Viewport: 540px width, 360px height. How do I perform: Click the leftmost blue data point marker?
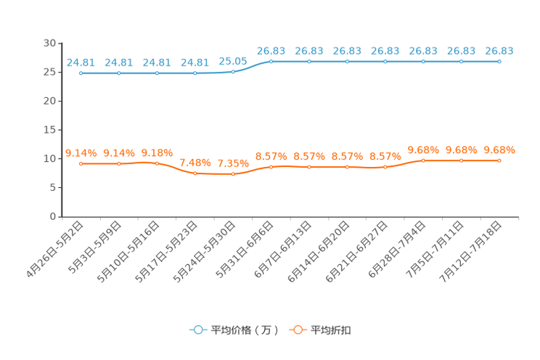click(81, 73)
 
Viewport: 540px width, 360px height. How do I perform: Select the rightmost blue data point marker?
click(499, 62)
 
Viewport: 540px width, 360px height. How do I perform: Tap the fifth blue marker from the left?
click(233, 71)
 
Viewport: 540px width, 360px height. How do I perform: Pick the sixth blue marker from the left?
click(271, 62)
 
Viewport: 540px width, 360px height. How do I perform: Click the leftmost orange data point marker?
click(81, 164)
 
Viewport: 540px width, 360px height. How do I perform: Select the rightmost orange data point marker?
click(499, 160)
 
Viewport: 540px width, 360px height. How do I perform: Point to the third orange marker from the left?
click(157, 163)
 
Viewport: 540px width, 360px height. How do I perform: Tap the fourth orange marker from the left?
click(195, 173)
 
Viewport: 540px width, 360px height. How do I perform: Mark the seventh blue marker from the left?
click(309, 62)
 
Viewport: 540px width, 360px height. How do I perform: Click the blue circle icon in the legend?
click(197, 330)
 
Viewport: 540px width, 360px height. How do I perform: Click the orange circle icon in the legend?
click(297, 330)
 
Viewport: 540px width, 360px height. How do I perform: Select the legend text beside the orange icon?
click(331, 330)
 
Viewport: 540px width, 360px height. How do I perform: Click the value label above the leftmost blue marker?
click(81, 62)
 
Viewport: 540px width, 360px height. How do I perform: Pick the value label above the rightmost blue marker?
click(499, 51)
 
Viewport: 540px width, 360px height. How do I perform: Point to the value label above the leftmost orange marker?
click(81, 153)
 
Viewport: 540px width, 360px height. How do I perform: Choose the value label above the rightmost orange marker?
click(499, 150)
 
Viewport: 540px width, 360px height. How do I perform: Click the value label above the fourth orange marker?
click(195, 162)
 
